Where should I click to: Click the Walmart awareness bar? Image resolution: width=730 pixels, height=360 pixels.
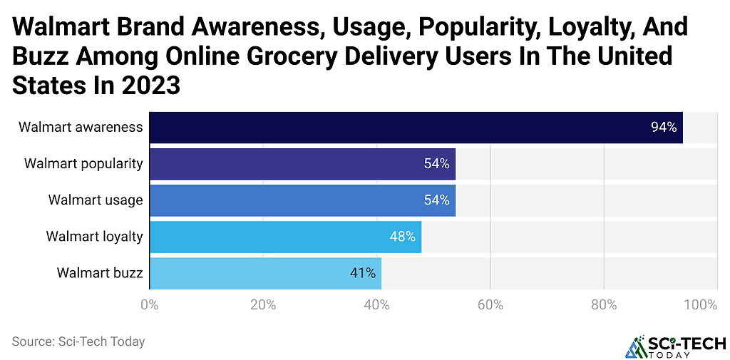click(x=416, y=128)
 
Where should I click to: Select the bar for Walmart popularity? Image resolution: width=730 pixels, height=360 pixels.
click(x=302, y=164)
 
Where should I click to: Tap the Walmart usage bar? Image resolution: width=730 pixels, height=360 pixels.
click(x=302, y=200)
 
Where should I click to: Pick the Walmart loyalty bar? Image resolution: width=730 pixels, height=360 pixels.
click(x=285, y=237)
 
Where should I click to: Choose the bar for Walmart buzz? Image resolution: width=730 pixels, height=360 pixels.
click(x=265, y=273)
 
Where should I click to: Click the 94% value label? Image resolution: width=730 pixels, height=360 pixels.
click(x=663, y=128)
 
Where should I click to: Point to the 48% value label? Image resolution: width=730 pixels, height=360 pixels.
click(x=402, y=237)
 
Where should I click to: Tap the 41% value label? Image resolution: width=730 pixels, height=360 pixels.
click(x=362, y=273)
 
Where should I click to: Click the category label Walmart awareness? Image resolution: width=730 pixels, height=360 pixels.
click(x=81, y=128)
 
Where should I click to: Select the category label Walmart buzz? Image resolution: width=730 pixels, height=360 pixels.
click(x=100, y=273)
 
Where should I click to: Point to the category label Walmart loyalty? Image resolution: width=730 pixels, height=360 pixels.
click(x=94, y=237)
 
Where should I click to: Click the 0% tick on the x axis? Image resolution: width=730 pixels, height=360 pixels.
click(x=149, y=305)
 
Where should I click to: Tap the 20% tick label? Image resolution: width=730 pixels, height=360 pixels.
click(x=263, y=305)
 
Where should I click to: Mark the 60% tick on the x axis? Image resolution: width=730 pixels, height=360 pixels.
click(x=490, y=305)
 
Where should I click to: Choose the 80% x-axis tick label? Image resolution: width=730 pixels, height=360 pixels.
click(x=604, y=305)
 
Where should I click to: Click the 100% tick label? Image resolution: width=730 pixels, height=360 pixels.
click(x=701, y=305)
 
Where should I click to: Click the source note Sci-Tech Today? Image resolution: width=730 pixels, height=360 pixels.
click(x=78, y=341)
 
